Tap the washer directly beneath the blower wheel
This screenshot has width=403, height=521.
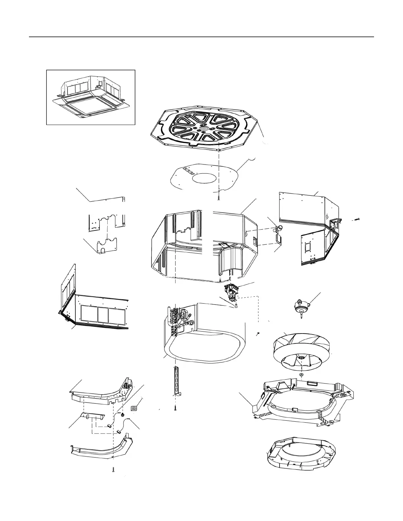coord(301,375)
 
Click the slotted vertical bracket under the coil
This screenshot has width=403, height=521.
coord(177,380)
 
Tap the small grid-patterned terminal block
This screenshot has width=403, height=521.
coord(134,408)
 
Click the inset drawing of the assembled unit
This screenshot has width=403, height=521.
coord(91,97)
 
